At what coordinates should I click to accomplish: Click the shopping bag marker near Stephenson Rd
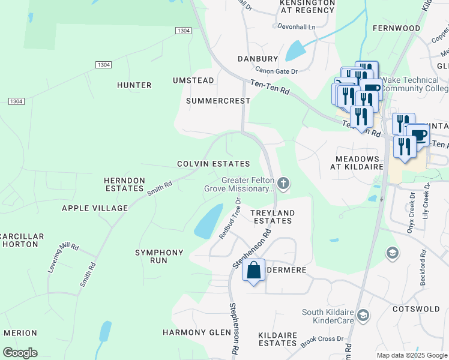tap(254, 271)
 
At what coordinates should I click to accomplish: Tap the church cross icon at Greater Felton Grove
tap(283, 184)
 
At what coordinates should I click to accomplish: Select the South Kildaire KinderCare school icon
tap(363, 315)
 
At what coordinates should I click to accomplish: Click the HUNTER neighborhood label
tap(134, 85)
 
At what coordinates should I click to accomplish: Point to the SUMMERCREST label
tap(218, 101)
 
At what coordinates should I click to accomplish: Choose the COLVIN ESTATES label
tap(213, 164)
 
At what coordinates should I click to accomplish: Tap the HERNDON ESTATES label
tap(125, 184)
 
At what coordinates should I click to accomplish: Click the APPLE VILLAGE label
tap(95, 208)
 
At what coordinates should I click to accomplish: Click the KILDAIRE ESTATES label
tap(277, 338)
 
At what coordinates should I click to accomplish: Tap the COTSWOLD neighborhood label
tap(420, 309)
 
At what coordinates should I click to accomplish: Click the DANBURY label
tap(258, 59)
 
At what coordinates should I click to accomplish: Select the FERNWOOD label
tap(396, 28)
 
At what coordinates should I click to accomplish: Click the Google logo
tap(20, 353)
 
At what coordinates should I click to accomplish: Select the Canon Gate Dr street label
tap(277, 71)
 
